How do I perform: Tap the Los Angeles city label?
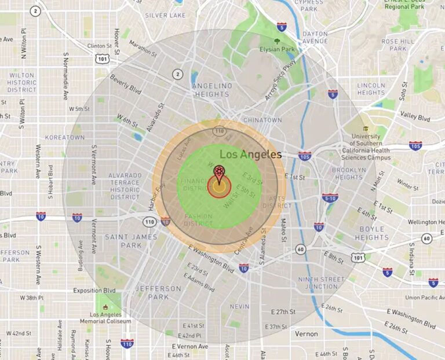pyautogui.click(x=251, y=155)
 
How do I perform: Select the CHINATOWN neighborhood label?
pyautogui.click(x=262, y=120)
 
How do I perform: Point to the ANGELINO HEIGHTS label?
pyautogui.click(x=213, y=90)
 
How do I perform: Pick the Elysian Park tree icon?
pyautogui.click(x=277, y=42)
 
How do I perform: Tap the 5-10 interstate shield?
pyautogui.click(x=330, y=198)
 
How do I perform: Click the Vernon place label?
pyautogui.click(x=306, y=334)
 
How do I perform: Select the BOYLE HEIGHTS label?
pyautogui.click(x=371, y=233)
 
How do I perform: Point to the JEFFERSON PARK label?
pyautogui.click(x=158, y=292)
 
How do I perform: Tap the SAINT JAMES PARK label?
pyautogui.click(x=123, y=241)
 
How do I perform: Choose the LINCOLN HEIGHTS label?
pyautogui.click(x=371, y=89)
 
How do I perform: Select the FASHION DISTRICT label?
pyautogui.click(x=198, y=220)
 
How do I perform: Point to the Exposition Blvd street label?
pyautogui.click(x=95, y=290)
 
